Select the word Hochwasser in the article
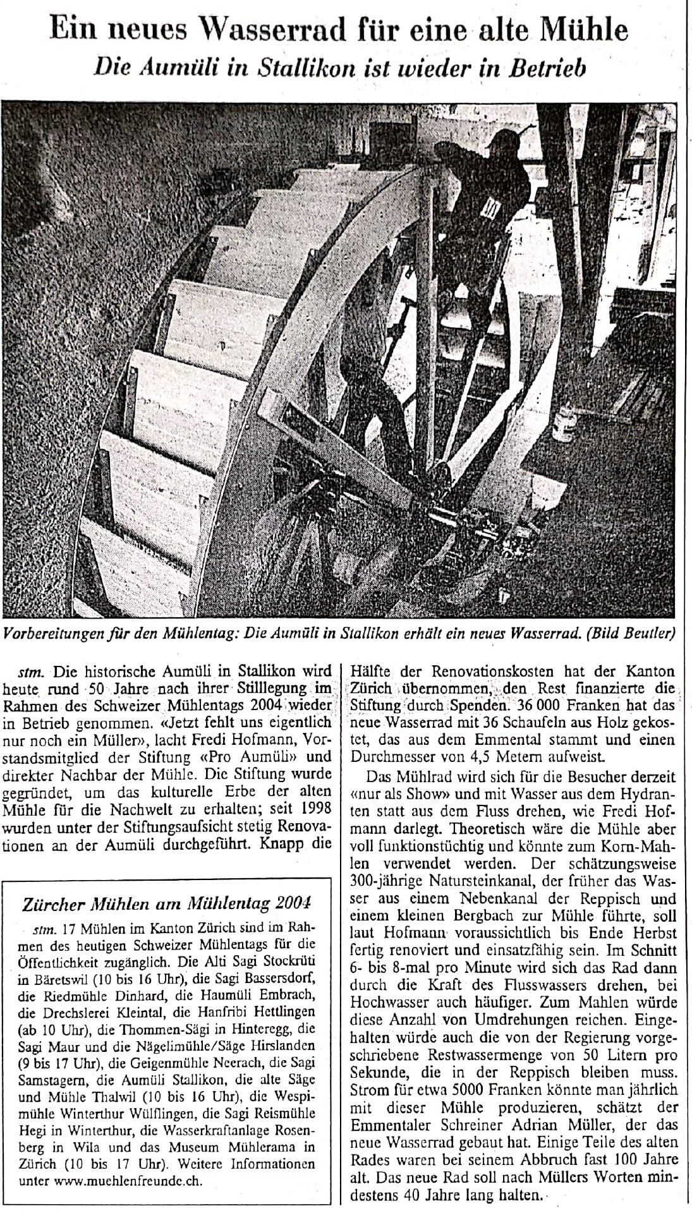click(x=386, y=1002)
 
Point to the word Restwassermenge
click(x=497, y=1054)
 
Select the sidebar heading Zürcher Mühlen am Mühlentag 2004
click(x=167, y=904)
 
